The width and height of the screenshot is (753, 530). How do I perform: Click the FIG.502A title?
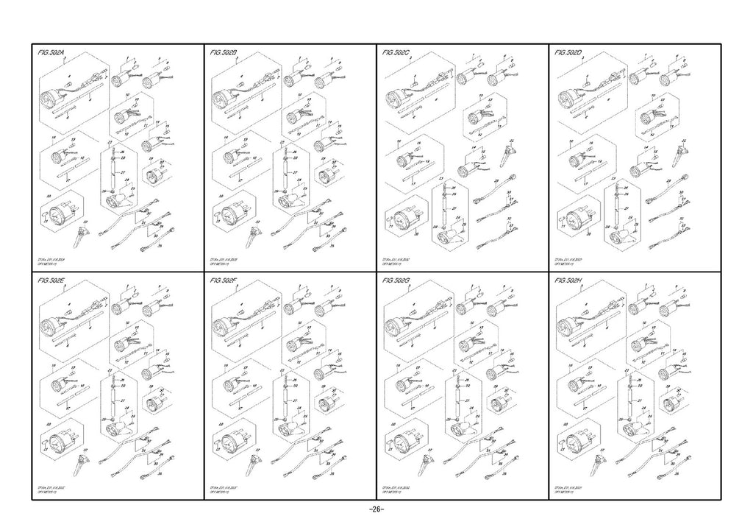click(x=51, y=54)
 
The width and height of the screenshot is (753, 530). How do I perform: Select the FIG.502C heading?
click(x=397, y=54)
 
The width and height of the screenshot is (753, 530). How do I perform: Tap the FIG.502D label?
click(x=569, y=54)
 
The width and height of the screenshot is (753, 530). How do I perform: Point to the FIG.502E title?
click(x=51, y=280)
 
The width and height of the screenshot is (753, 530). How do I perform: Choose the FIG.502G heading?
click(x=397, y=280)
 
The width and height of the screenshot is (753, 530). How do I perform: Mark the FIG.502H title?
click(x=569, y=280)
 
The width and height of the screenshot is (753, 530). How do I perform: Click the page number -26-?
click(x=376, y=510)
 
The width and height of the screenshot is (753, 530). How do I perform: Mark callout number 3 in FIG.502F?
click(x=237, y=288)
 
